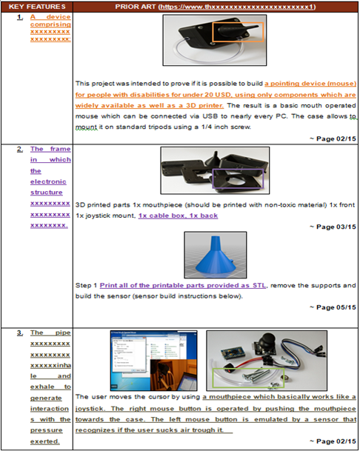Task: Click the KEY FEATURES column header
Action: pos(37,6)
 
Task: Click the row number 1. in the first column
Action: pos(19,16)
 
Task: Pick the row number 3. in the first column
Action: pos(19,333)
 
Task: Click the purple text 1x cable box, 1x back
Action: pos(170,215)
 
